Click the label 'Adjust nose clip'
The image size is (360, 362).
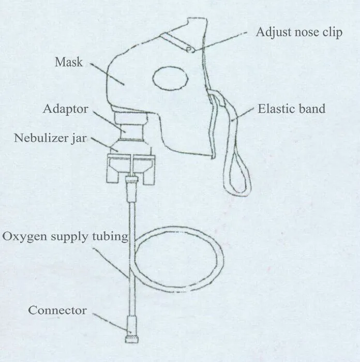click(x=299, y=32)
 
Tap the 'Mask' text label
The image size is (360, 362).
click(x=69, y=63)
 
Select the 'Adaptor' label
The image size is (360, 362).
click(x=66, y=109)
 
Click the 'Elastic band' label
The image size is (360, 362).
click(x=291, y=109)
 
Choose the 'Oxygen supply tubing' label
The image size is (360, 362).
click(x=65, y=237)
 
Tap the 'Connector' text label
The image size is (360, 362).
click(x=57, y=310)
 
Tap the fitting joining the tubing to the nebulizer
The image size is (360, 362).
click(x=131, y=182)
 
